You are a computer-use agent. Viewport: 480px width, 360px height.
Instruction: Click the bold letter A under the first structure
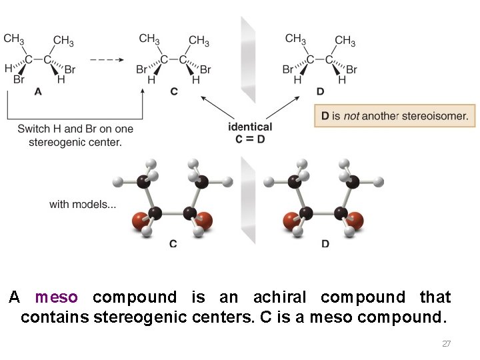click(38, 93)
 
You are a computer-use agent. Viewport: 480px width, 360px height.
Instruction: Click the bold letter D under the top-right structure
click(321, 91)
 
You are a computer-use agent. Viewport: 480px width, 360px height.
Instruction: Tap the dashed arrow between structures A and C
click(106, 59)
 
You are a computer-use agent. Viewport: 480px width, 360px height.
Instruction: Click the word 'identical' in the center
click(250, 127)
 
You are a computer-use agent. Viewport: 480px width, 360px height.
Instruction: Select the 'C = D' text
click(250, 139)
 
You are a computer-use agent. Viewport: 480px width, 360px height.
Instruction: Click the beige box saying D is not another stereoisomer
click(395, 116)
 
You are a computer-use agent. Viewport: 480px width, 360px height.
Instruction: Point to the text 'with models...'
click(82, 204)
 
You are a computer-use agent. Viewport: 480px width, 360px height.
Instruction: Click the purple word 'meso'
click(57, 297)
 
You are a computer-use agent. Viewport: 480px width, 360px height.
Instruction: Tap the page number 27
click(446, 344)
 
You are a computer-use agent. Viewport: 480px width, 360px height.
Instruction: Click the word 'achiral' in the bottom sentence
click(275, 297)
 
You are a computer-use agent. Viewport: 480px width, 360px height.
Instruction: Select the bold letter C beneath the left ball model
click(173, 245)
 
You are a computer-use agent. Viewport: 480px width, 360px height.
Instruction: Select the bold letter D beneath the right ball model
click(325, 245)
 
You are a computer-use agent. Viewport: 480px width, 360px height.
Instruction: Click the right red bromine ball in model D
click(356, 220)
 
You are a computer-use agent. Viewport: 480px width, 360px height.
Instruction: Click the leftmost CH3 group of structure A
click(14, 39)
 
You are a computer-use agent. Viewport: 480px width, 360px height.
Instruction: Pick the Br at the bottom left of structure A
click(18, 80)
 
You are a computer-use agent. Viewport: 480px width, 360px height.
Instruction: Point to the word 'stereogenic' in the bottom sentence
click(138, 317)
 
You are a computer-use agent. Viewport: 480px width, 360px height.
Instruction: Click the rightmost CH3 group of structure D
click(345, 41)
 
